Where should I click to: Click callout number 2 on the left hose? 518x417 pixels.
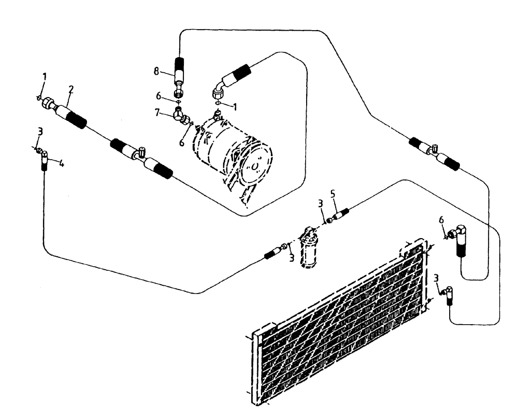71,90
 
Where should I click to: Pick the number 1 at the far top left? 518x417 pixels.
45,77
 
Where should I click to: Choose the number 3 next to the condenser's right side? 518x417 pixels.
437,279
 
